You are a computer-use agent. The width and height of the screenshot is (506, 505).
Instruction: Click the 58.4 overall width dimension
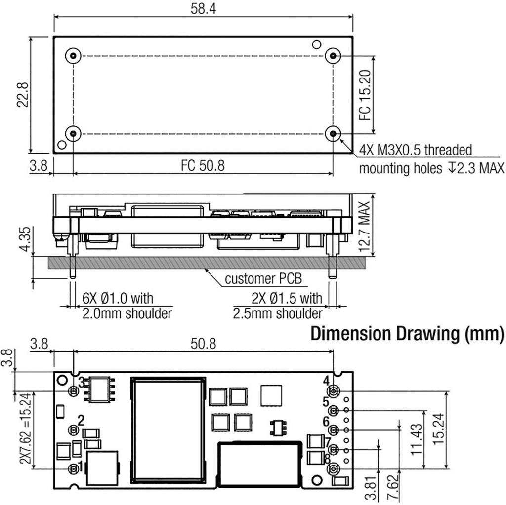[203, 9]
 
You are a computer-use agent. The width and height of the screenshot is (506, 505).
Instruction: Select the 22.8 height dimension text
[23, 94]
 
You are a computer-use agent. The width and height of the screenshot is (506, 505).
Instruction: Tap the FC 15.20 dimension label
[365, 95]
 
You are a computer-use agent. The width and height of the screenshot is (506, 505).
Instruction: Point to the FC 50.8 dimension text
[202, 165]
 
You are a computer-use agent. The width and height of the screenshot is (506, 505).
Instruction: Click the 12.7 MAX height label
[364, 227]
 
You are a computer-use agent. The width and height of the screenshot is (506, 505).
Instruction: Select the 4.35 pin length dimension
[25, 239]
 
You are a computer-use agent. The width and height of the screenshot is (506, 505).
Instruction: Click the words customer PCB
[263, 279]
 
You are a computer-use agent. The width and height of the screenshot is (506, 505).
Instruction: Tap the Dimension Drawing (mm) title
[407, 334]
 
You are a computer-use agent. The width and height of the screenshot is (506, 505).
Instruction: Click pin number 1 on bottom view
[80, 466]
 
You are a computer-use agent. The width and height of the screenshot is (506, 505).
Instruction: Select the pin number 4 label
[326, 381]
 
